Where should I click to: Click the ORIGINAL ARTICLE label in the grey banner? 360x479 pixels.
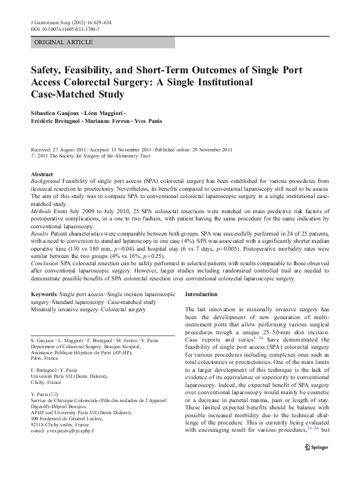(x=64, y=42)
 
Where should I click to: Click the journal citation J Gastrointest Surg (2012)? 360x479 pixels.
(x=61, y=22)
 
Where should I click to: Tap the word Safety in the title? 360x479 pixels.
(x=50, y=70)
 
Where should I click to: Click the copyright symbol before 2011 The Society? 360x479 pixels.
(x=33, y=156)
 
